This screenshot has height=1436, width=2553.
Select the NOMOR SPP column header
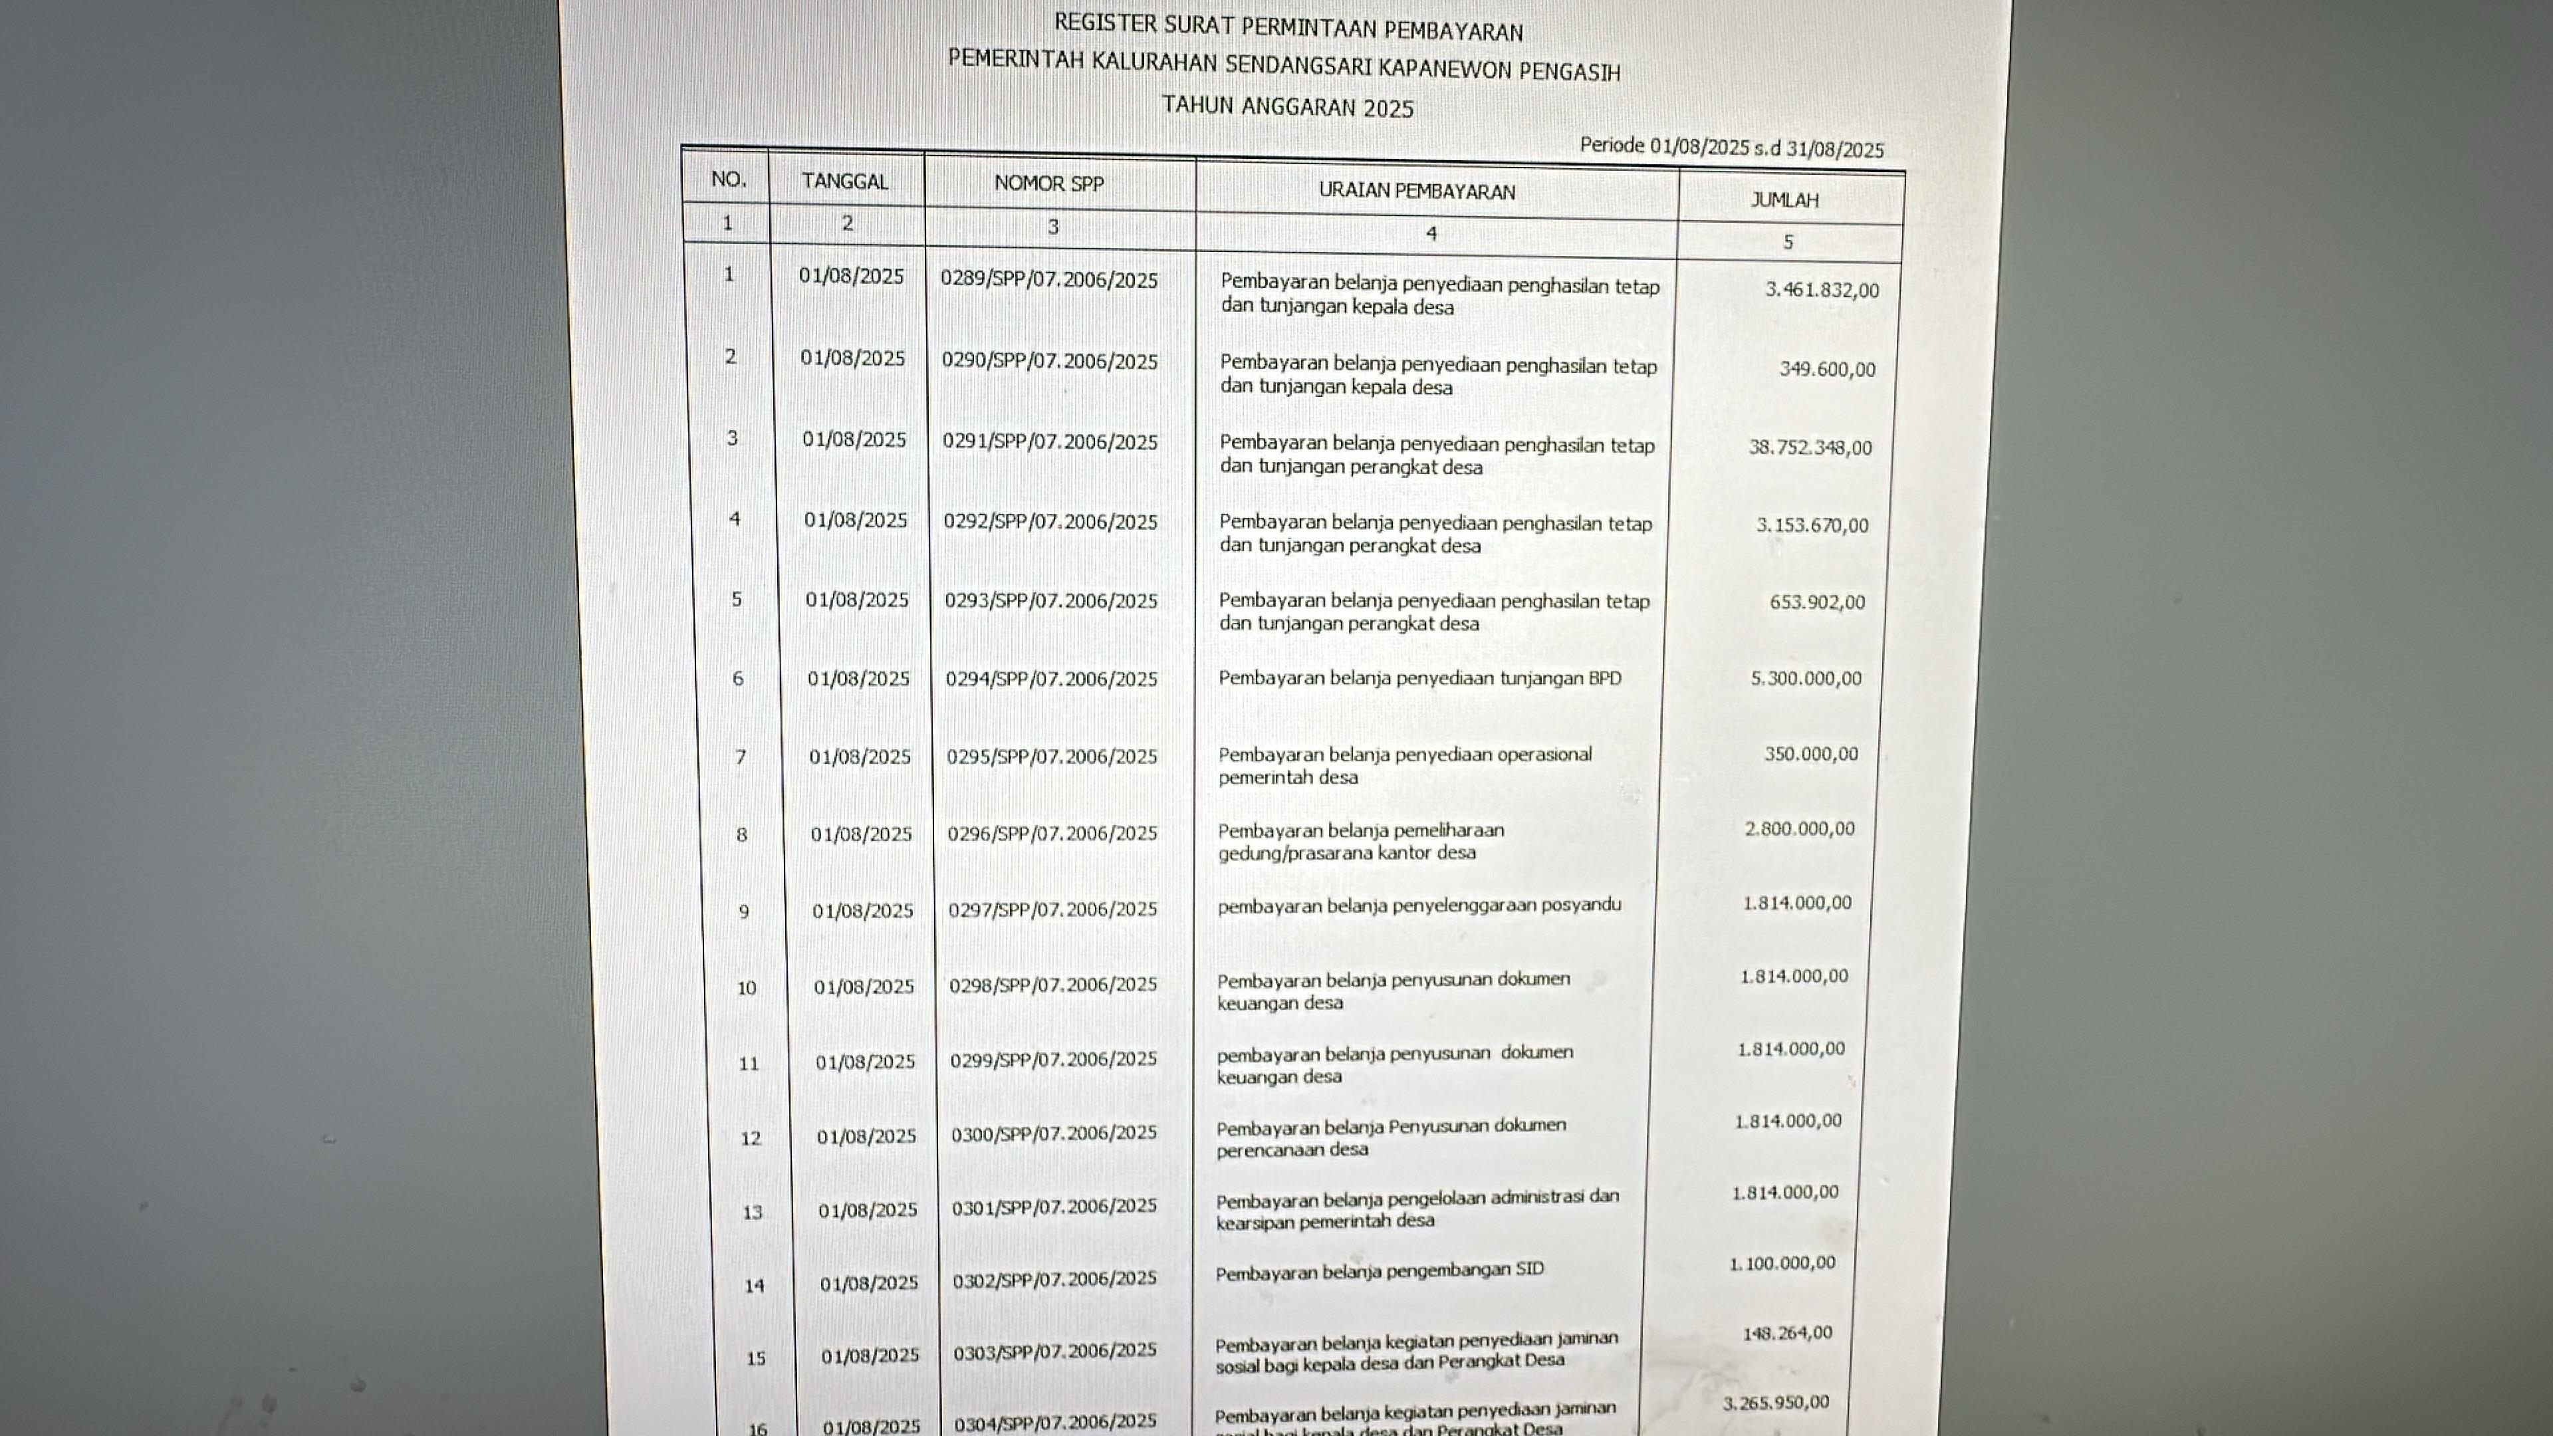(1048, 184)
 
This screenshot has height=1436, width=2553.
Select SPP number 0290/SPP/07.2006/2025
(1050, 362)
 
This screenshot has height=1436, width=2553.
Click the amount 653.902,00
(1816, 602)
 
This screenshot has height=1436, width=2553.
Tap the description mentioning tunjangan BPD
(1419, 679)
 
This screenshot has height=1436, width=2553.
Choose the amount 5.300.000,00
(1806, 679)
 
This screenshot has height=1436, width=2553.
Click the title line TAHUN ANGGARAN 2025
(1287, 107)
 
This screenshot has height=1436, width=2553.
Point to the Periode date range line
(1731, 148)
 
